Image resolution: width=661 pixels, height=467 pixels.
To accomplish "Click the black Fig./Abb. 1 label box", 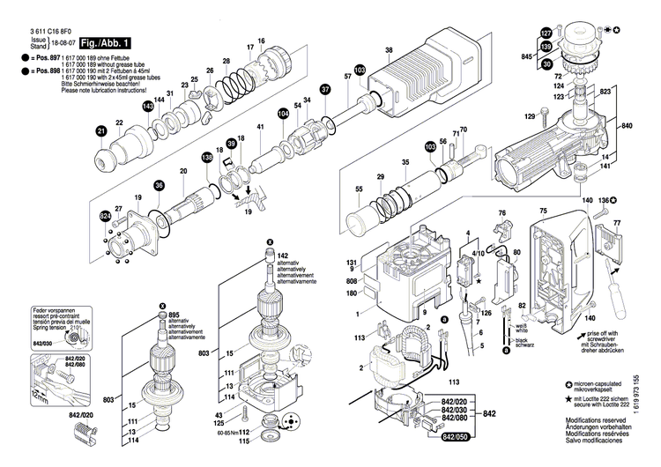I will pos(106,42).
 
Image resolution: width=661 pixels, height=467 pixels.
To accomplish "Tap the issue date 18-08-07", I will pos(63,42).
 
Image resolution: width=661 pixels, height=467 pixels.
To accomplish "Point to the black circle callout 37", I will pos(325,90).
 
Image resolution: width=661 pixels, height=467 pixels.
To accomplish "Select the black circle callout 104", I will pos(283,113).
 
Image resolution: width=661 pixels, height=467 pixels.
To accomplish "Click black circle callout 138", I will pos(207,157).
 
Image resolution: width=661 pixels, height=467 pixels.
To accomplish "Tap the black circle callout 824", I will pos(106,216).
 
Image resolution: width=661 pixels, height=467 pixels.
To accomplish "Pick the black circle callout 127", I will pos(546,33).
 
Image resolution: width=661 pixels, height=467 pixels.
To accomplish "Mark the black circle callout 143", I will pos(148,106).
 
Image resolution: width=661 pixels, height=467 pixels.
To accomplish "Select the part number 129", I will pos(530,116).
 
